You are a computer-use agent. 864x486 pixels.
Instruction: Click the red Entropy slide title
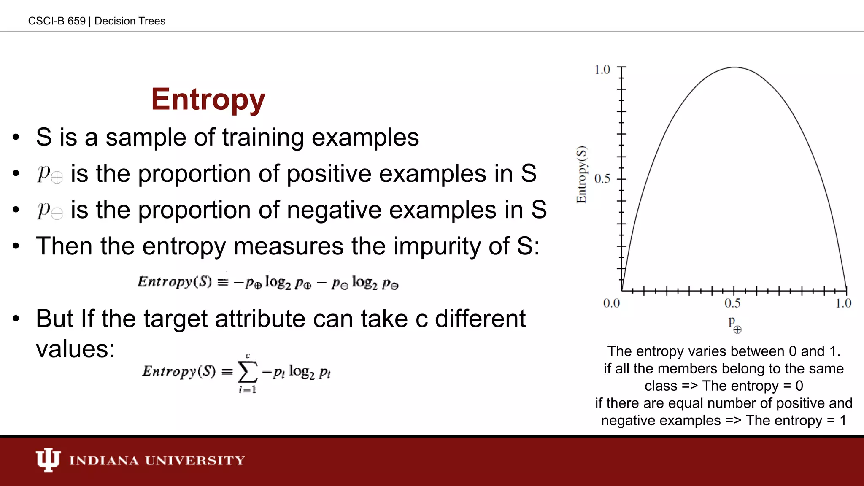[208, 100]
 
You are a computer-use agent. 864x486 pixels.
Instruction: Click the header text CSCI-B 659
[57, 21]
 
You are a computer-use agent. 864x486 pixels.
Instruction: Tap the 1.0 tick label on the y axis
[602, 70]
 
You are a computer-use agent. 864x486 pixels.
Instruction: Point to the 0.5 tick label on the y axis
[602, 179]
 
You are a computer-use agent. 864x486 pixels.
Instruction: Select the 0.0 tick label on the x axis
[611, 303]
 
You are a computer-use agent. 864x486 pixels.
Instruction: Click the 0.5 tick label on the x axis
[732, 303]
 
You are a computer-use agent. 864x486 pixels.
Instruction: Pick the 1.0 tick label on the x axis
[843, 303]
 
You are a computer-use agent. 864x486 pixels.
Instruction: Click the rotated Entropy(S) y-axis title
[581, 174]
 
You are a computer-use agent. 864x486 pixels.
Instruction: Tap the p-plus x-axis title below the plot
[734, 325]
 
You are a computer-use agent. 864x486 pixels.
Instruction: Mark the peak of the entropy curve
[734, 67]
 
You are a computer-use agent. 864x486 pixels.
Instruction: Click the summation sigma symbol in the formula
[248, 372]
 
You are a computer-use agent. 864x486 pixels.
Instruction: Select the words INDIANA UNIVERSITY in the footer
[157, 460]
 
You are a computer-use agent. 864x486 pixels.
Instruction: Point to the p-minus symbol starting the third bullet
[50, 210]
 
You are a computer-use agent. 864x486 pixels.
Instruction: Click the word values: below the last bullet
[76, 349]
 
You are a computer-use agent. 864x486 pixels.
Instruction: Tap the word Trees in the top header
[154, 21]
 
